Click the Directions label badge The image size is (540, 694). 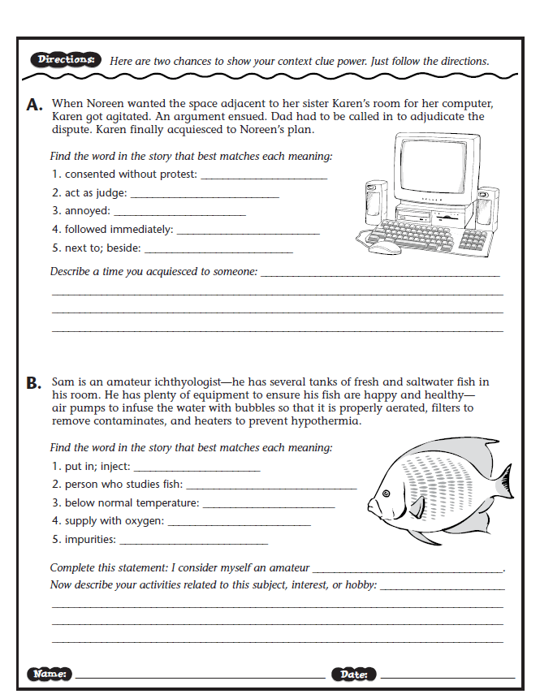click(67, 60)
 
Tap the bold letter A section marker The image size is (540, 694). click(34, 106)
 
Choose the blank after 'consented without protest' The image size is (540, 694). click(263, 176)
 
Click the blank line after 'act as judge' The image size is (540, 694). click(204, 195)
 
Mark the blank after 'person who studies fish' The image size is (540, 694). click(271, 487)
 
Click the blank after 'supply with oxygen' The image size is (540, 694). click(239, 524)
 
